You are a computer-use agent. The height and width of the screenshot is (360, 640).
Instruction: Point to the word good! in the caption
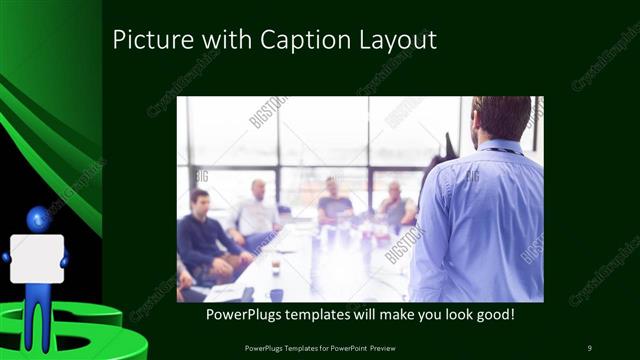492,315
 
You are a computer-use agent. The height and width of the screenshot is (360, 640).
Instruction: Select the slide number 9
589,347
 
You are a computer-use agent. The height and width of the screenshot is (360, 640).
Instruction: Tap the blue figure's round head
38,217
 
